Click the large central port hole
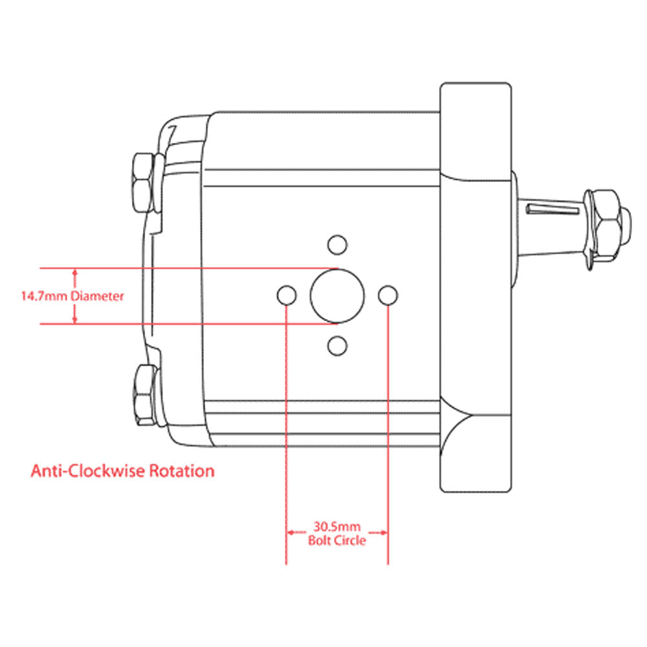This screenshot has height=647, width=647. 336,296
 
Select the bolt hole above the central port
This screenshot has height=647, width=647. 336,244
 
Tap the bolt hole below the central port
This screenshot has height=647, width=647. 336,346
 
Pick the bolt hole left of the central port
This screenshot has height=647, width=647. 286,296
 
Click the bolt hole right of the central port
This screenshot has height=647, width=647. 387,296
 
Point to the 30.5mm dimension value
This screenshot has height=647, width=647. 336,527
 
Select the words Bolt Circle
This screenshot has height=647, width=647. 336,540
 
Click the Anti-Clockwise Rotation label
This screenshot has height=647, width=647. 122,470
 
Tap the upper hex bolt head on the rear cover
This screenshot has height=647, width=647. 142,182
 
